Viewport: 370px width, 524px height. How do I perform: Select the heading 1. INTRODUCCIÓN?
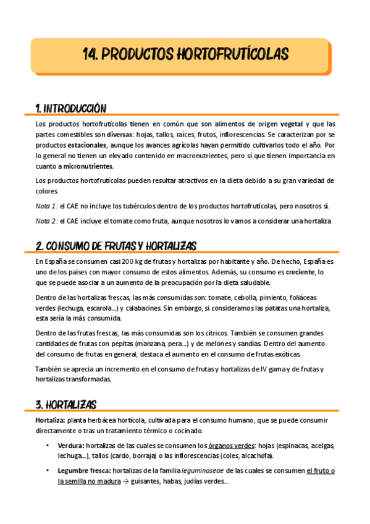(71, 109)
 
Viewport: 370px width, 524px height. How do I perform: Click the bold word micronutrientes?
(88, 166)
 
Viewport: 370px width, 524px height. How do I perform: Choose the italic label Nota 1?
(46, 205)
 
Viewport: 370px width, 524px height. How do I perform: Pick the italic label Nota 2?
(46, 221)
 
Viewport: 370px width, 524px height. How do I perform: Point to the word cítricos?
(211, 333)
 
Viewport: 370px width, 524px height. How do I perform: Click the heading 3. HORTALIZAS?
(66, 405)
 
